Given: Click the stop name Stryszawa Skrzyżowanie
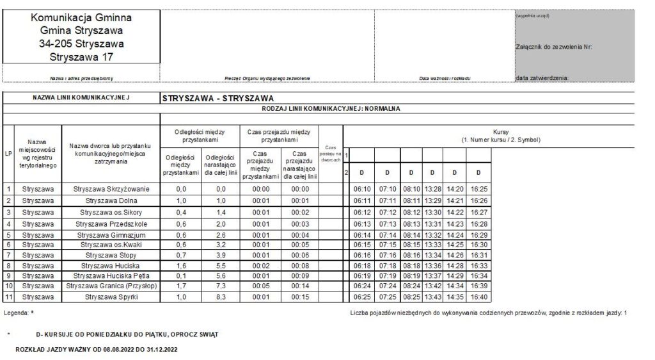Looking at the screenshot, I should click(x=111, y=189).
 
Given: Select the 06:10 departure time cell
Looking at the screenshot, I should click(x=361, y=189).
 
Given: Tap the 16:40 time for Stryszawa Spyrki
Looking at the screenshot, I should click(x=478, y=298).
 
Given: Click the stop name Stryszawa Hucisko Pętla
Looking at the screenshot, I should click(x=111, y=276).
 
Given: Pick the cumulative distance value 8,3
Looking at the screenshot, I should click(x=221, y=298).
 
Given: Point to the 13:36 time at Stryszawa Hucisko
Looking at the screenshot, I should click(x=432, y=265).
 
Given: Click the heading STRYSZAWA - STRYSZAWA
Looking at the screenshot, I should click(x=218, y=99).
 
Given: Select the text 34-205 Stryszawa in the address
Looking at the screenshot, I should click(x=81, y=44).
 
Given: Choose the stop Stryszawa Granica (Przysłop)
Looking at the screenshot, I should click(x=111, y=287).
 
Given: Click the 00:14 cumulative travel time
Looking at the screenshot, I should click(x=300, y=287).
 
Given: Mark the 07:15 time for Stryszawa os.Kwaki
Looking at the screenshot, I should click(x=387, y=243).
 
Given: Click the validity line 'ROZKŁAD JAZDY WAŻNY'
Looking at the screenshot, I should click(x=96, y=350).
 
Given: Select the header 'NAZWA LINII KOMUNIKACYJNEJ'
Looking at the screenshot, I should click(x=81, y=98).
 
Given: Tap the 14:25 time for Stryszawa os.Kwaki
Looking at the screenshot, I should click(x=454, y=243).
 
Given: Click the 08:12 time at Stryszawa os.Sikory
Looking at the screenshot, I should click(x=411, y=211).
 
